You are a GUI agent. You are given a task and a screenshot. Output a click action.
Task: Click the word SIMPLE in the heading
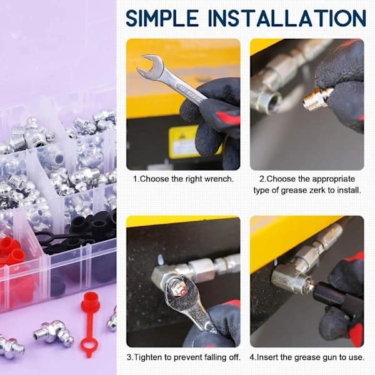pyautogui.click(x=162, y=18)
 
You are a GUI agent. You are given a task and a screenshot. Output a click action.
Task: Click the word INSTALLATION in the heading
pyautogui.click(x=287, y=18)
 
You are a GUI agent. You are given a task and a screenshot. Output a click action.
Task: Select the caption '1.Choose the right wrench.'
pyautogui.click(x=183, y=179)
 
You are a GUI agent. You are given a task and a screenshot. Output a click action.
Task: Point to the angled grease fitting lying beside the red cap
pyautogui.click(x=53, y=333)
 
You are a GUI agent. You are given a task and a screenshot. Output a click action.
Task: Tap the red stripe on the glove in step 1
pyautogui.click(x=227, y=117)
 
